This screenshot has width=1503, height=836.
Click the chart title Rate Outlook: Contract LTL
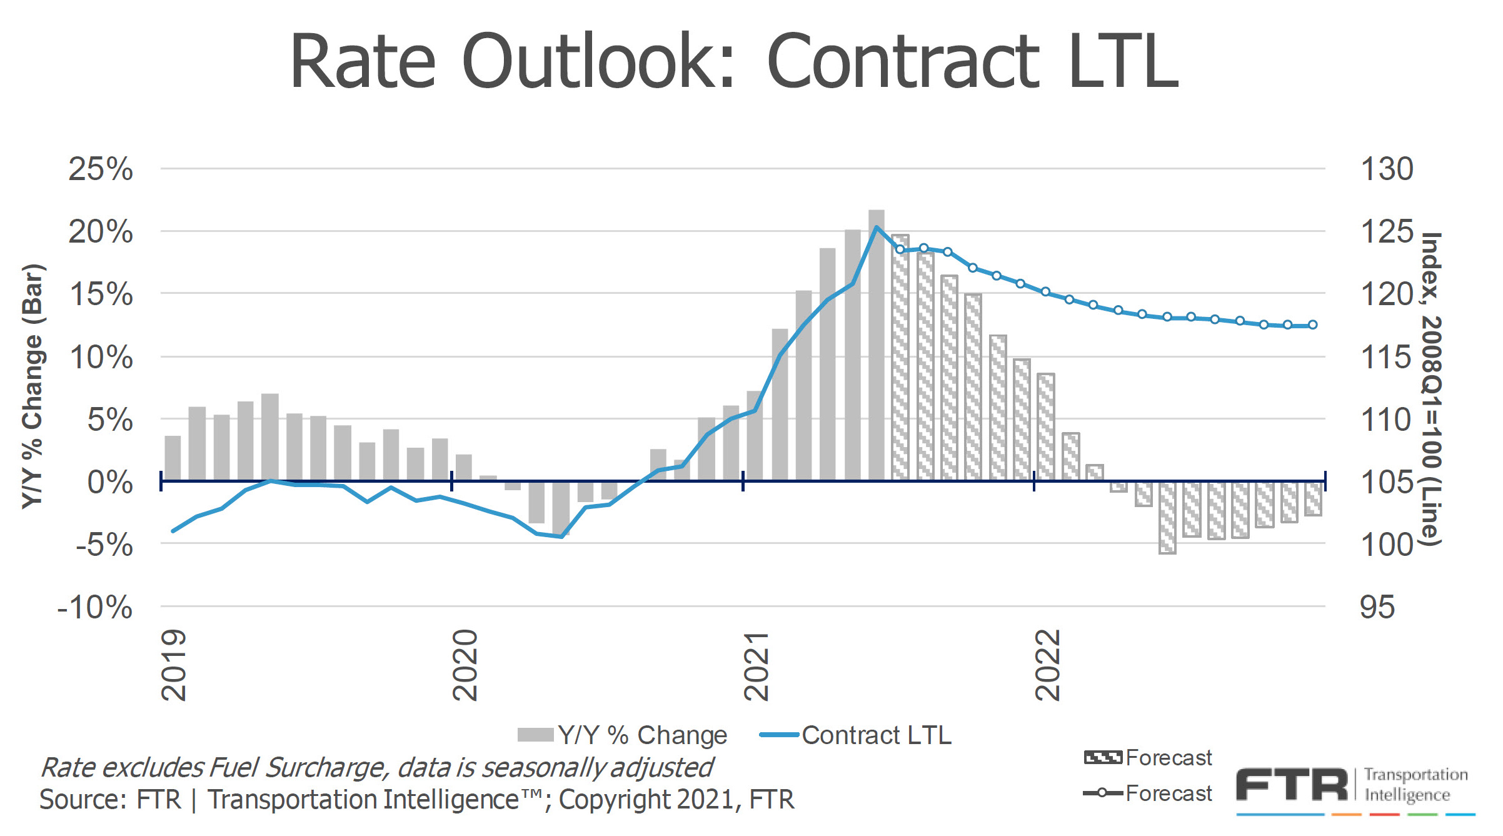coord(734,61)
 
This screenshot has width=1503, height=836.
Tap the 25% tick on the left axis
coord(101,169)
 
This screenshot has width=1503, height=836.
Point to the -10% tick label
coord(95,607)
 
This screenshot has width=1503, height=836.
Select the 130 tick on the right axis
coord(1386,169)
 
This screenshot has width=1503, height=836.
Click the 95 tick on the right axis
coord(1377,607)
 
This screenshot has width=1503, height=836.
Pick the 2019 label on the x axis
coord(174,665)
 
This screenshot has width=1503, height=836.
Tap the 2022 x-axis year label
coord(1048,665)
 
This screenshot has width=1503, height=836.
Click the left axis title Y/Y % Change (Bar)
coord(33,386)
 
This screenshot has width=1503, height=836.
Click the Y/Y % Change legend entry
coord(623,735)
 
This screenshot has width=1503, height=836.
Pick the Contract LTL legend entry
coord(855,735)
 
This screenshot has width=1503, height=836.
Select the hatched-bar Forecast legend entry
coord(1148,758)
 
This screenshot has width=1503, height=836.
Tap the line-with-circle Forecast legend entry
coord(1148,793)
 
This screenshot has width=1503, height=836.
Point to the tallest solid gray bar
coord(877,344)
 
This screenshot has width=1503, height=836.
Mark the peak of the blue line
coord(877,227)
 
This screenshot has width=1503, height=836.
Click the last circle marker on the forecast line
coord(1313,325)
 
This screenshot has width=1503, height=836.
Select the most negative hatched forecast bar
coord(1167,518)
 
